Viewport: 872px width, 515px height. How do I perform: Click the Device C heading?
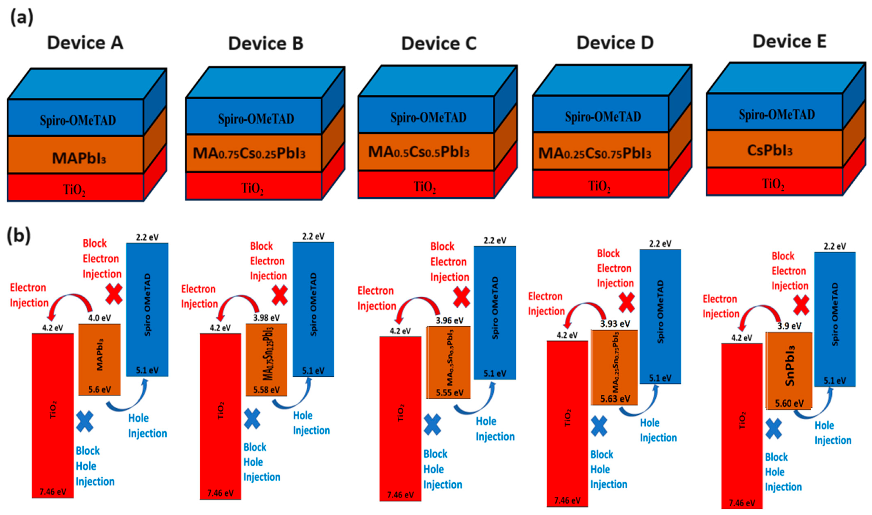[439, 44]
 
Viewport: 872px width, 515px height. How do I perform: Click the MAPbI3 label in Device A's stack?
[79, 158]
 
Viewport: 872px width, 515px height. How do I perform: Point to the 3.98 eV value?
[266, 318]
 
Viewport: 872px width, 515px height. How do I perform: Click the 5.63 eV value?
[615, 399]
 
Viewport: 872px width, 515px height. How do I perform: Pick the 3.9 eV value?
[789, 326]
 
